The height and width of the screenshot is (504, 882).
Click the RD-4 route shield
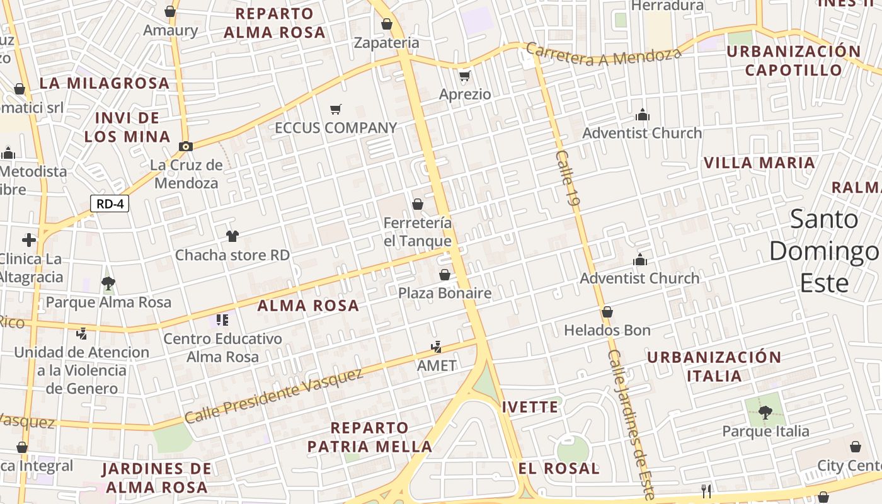click(110, 203)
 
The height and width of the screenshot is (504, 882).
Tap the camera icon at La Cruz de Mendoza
click(185, 146)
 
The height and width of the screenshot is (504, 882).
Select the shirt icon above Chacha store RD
click(232, 236)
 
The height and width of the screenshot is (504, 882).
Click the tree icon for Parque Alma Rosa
click(108, 283)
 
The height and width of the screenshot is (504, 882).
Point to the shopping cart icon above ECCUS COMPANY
click(336, 109)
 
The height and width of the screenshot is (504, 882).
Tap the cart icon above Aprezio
click(465, 76)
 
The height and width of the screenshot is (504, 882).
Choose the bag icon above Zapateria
click(387, 24)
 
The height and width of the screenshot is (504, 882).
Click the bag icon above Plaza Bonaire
click(445, 275)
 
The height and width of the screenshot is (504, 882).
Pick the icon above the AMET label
click(436, 346)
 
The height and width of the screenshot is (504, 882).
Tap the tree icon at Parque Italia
click(765, 413)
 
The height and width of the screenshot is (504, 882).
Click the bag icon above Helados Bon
click(607, 312)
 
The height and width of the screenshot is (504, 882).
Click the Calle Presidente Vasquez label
click(274, 396)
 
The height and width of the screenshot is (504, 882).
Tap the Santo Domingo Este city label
click(824, 251)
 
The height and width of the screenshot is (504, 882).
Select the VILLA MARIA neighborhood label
click(759, 163)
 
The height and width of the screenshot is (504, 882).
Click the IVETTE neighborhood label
click(530, 407)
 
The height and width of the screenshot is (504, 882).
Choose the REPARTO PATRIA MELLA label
click(370, 437)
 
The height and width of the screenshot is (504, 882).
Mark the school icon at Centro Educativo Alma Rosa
click(222, 320)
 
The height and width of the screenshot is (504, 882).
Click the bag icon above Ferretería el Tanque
click(417, 204)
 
